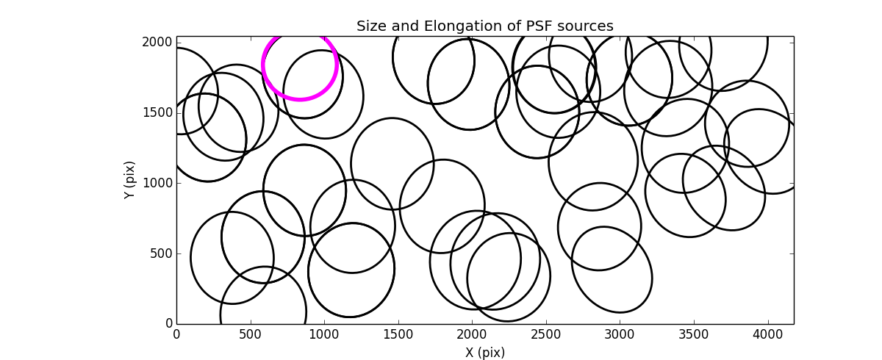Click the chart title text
(484, 26)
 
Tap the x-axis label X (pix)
(484, 352)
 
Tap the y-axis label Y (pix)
(129, 180)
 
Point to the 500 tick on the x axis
(251, 334)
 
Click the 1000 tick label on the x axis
(324, 334)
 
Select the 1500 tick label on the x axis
(398, 334)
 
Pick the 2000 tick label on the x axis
(472, 334)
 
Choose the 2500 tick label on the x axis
(546, 334)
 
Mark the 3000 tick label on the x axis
(620, 334)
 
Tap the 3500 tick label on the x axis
(694, 334)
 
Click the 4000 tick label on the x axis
(767, 334)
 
